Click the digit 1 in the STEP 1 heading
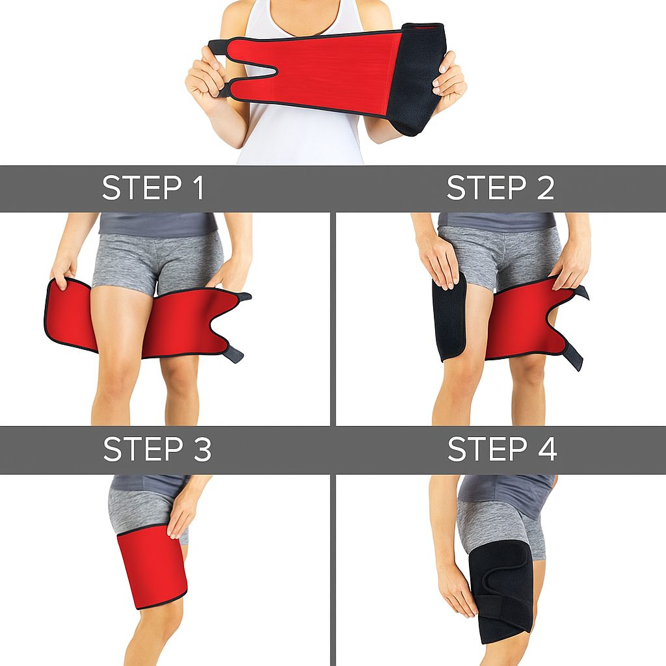click(x=198, y=188)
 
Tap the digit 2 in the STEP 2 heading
click(x=546, y=188)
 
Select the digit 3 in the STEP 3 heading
click(x=202, y=449)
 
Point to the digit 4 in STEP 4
click(x=546, y=449)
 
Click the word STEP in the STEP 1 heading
click(x=142, y=188)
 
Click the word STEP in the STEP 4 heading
click(x=487, y=449)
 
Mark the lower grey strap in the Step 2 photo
click(x=575, y=354)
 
